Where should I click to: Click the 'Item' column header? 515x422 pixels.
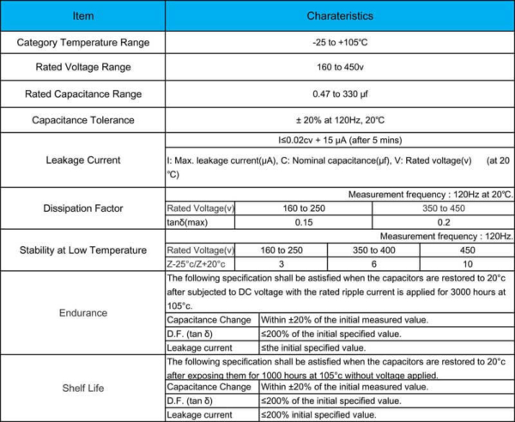tap(82, 15)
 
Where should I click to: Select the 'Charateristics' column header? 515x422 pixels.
tap(339, 15)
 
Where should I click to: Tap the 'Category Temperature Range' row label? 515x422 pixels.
tap(82, 42)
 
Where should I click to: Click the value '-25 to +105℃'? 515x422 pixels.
tap(339, 42)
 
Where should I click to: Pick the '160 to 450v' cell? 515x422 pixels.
tap(339, 68)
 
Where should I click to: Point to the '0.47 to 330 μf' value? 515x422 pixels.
tap(339, 93)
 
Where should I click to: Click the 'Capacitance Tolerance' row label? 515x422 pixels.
tap(82, 120)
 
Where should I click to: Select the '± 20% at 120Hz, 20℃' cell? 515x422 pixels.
tap(339, 120)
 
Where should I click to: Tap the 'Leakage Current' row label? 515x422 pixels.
tap(82, 159)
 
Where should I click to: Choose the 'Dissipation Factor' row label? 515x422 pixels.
tap(82, 208)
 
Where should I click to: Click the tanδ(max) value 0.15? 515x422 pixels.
tap(304, 222)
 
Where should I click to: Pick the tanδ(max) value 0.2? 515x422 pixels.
tap(443, 222)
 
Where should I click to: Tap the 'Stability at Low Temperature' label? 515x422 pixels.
tap(82, 250)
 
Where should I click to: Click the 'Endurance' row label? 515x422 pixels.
tap(82, 314)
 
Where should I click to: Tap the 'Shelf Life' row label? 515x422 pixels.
tap(82, 389)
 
